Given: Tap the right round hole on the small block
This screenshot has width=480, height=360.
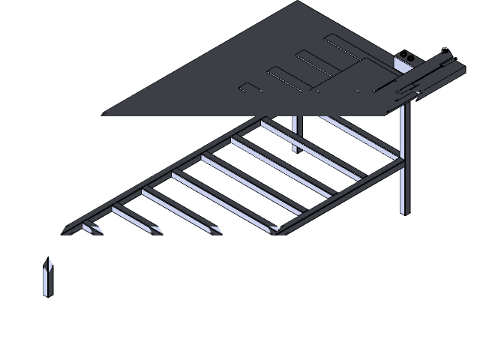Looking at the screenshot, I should pos(412,56).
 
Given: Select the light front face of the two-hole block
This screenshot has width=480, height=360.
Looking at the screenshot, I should pos(406,65).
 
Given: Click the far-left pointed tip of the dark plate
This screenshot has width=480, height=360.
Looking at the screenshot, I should pos(104,114).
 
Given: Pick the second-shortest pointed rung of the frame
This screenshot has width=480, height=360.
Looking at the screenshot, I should pos(127,218).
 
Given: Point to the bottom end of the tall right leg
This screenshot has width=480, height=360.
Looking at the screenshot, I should pos(405,212).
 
